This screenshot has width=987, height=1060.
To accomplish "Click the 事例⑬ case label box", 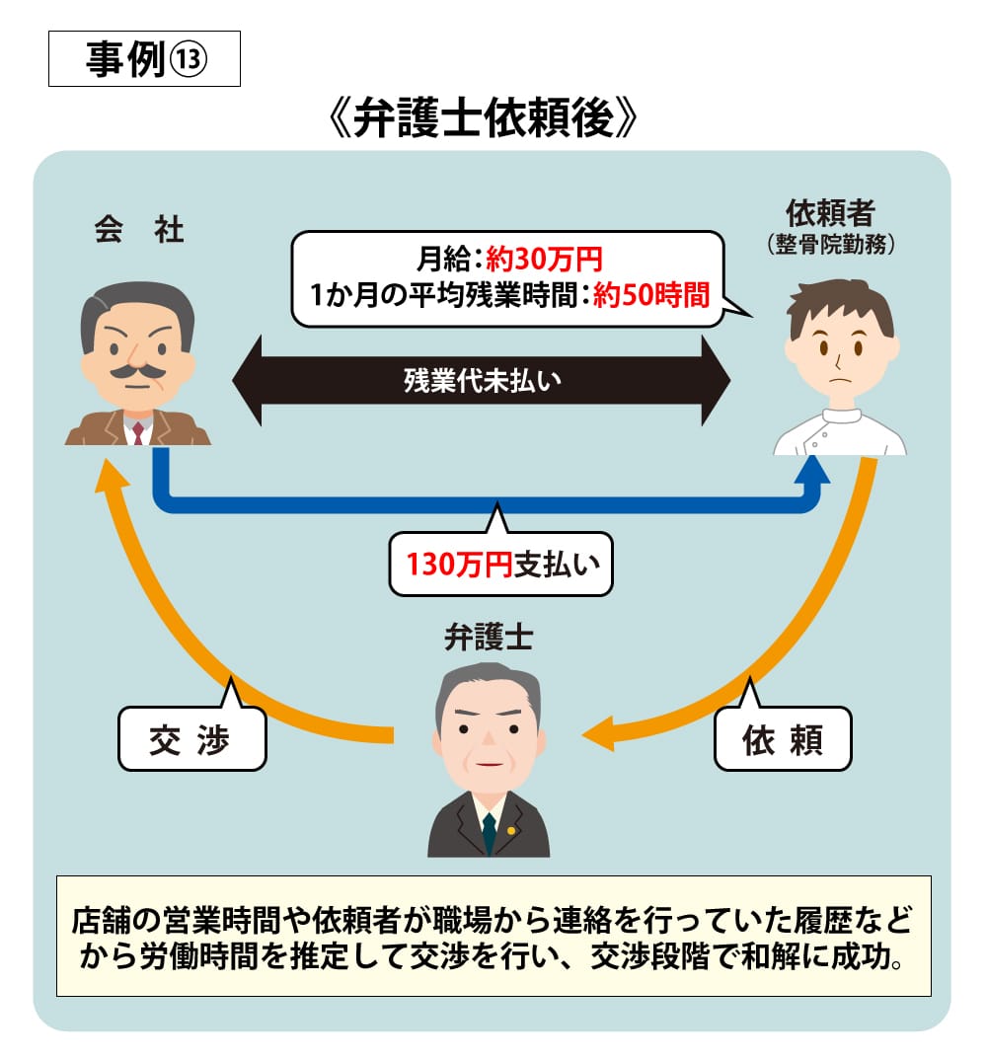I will (144, 61).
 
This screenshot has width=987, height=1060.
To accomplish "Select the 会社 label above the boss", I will (139, 231).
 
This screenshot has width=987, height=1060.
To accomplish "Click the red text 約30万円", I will (544, 262).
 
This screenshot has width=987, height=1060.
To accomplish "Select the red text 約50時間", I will (651, 295).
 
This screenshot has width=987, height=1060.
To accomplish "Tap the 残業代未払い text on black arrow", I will (482, 380).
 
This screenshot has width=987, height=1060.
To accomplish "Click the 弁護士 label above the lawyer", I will (489, 638).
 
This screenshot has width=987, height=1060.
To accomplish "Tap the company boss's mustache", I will (137, 372).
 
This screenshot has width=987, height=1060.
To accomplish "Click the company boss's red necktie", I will (138, 430).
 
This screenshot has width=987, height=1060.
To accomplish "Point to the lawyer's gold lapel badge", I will (510, 829).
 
